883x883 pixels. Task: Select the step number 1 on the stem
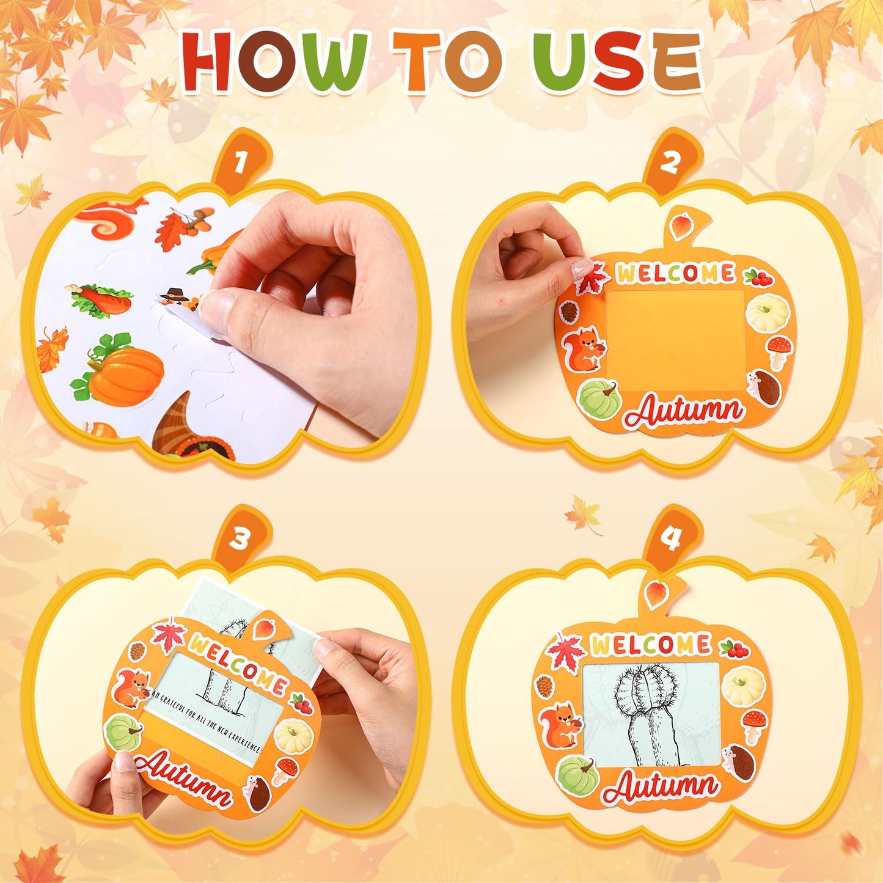pyautogui.click(x=240, y=163)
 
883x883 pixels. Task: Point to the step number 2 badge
pyautogui.click(x=670, y=163)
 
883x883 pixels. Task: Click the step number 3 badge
pyautogui.click(x=240, y=539)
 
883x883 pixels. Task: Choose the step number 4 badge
pyautogui.click(x=671, y=539)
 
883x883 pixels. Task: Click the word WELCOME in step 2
pyautogui.click(x=675, y=273)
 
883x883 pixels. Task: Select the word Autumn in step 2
pyautogui.click(x=684, y=411)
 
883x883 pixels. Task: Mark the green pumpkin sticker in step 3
pyautogui.click(x=123, y=733)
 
